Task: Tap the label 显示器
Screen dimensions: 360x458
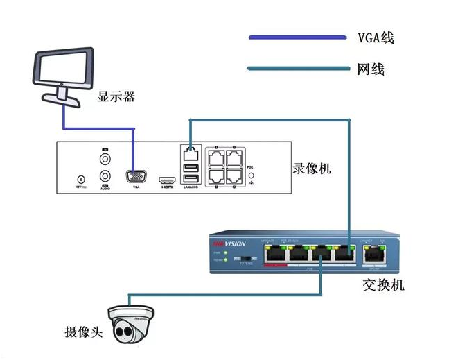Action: coord(116,96)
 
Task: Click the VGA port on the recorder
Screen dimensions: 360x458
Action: coord(136,177)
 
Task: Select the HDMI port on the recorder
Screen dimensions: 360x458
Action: coord(167,179)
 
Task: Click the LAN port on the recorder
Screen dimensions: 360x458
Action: coord(190,150)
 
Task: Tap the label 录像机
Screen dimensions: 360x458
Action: coord(308,169)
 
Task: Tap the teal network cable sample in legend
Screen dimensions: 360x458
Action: coord(298,68)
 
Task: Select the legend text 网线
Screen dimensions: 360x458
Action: coord(371,69)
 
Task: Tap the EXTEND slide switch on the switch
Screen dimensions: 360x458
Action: coord(245,258)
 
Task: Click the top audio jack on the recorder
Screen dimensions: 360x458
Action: coord(105,159)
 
